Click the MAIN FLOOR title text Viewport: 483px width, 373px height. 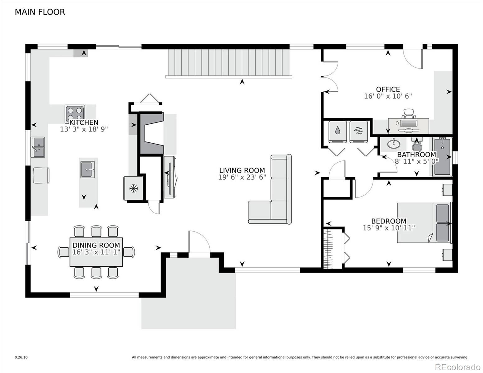pos(40,12)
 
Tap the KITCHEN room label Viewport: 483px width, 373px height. pos(84,122)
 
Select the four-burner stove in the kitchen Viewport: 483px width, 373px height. pos(75,113)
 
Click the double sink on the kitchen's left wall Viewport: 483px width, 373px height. pos(38,147)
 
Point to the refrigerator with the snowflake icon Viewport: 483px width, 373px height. pos(134,188)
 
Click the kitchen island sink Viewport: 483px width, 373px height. pos(88,169)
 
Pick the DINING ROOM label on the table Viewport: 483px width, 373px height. pos(96,245)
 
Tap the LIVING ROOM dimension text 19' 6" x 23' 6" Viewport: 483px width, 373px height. pos(242,177)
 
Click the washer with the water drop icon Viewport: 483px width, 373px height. pos(338,131)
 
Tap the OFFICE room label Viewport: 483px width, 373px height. pos(388,90)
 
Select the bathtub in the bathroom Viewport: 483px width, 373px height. pos(442,157)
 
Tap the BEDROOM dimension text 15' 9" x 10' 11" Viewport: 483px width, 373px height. pos(389,228)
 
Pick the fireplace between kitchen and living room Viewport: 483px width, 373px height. pos(151,134)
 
